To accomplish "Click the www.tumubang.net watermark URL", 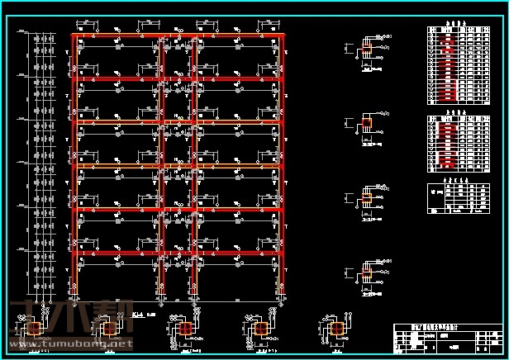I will click(70, 343).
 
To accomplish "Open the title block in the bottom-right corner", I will click(447, 338).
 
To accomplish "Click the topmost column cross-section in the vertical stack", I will click(367, 50).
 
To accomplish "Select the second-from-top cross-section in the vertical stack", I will click(367, 124).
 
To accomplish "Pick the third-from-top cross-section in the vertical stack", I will click(367, 198).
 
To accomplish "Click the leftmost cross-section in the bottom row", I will click(34, 329).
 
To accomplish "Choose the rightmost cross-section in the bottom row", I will click(336, 329).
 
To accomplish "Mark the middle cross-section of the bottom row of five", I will click(185, 329).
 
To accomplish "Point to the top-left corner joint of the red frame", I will click(75, 36).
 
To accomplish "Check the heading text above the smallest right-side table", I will click(451, 178).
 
